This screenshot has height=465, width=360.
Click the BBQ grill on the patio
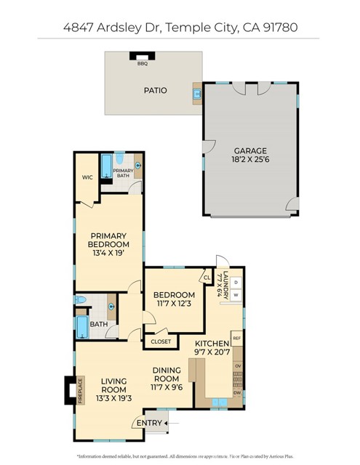tap(142, 57)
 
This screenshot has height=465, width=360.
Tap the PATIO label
tap(153, 91)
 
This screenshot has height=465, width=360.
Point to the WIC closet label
tap(87, 177)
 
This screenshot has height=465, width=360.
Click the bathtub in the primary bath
tap(106, 166)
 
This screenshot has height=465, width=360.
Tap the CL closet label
tap(207, 278)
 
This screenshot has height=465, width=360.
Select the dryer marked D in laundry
tap(236, 282)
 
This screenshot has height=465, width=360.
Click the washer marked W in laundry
tap(236, 295)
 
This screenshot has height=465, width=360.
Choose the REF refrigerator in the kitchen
tap(236, 338)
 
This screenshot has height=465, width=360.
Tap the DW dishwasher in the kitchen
tap(237, 393)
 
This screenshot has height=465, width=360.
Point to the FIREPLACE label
tap(80, 389)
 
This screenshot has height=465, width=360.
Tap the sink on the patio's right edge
tap(196, 93)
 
